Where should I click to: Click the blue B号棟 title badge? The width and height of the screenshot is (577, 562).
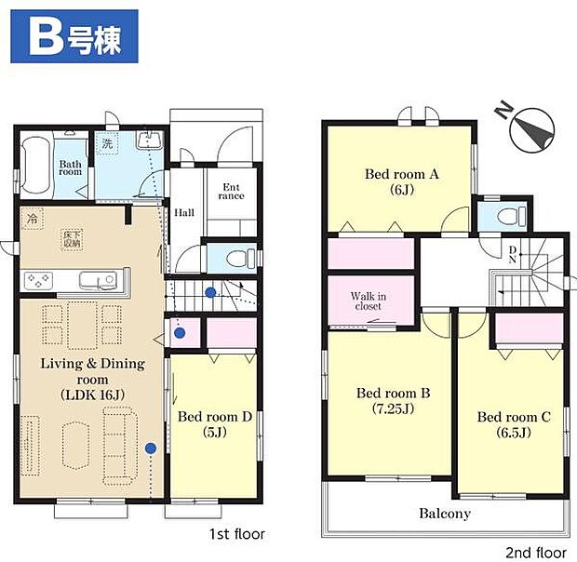pos(71,36)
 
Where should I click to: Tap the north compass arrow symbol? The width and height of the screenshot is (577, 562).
pos(531,129)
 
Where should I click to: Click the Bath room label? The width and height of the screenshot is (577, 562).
pos(71,167)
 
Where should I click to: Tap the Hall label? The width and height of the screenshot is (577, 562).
pos(184,212)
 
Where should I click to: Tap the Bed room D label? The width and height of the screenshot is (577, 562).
pos(215,424)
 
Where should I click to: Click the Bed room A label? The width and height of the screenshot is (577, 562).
pos(401,181)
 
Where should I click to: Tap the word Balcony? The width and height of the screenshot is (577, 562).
pos(444,514)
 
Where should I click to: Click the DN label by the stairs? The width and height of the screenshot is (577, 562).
pos(512,254)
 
